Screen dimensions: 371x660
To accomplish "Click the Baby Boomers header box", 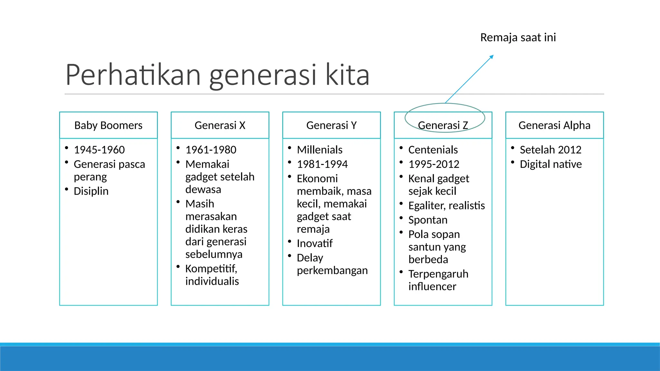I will tap(108, 125).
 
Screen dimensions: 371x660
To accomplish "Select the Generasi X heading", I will tap(220, 125).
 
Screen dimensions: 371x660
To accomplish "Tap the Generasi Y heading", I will tap(331, 125).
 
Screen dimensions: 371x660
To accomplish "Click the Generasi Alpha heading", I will tap(554, 125).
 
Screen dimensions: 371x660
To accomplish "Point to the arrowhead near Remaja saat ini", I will tap(491, 57).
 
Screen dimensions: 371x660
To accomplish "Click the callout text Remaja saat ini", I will tap(518, 37).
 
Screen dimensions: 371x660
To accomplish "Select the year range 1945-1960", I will tap(99, 150).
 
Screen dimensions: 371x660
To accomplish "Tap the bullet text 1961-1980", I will tap(211, 150).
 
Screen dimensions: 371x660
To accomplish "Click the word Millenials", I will tap(320, 150).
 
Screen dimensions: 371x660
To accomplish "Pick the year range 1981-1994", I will tap(322, 164).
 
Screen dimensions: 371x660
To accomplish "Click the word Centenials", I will tap(433, 150).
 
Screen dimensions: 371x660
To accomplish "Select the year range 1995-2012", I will tap(434, 164).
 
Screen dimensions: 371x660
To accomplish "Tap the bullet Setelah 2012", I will tap(550, 150).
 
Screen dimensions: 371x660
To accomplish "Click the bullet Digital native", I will tap(551, 164).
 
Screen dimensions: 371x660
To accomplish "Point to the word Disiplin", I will tap(91, 191).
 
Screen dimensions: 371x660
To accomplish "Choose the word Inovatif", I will tap(315, 243).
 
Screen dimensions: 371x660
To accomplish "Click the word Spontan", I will tap(428, 220).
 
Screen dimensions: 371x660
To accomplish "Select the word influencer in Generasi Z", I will tap(432, 286).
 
